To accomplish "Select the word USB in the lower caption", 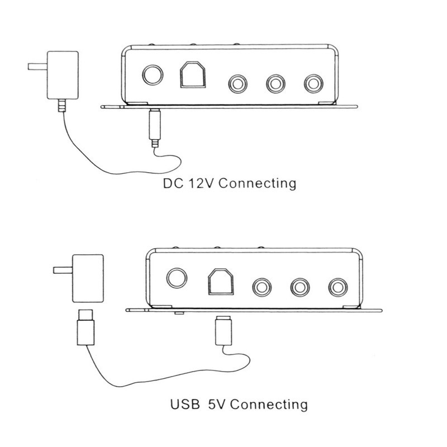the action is pyautogui.click(x=185, y=404).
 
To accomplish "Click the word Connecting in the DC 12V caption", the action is pyautogui.click(x=258, y=183).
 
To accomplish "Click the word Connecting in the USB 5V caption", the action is pyautogui.click(x=269, y=405).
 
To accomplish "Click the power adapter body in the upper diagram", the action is pyautogui.click(x=63, y=75).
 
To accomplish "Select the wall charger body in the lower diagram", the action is pyautogui.click(x=88, y=278).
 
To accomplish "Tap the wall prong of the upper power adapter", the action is pyautogui.click(x=37, y=66).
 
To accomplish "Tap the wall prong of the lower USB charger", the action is pyautogui.click(x=63, y=270).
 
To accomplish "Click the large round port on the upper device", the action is pyautogui.click(x=153, y=75).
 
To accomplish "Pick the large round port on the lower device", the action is pyautogui.click(x=177, y=278).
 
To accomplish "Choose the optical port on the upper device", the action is pyautogui.click(x=193, y=74).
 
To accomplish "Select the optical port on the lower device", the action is pyautogui.click(x=221, y=282).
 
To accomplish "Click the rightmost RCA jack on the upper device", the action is pyautogui.click(x=313, y=84).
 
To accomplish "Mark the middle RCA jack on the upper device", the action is pyautogui.click(x=275, y=84).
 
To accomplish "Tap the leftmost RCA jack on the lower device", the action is pyautogui.click(x=261, y=287).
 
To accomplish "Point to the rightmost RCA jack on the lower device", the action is pyautogui.click(x=338, y=287).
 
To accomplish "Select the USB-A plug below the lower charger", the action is pyautogui.click(x=85, y=327).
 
